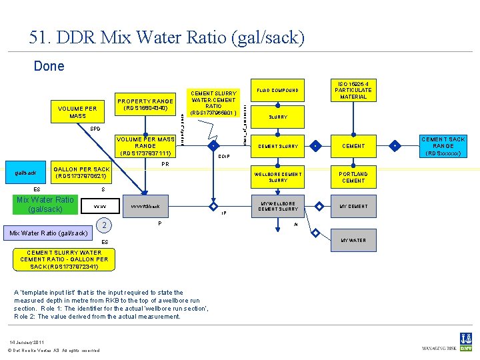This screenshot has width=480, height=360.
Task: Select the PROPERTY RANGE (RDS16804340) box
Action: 145,105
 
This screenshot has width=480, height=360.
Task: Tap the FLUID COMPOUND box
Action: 278,90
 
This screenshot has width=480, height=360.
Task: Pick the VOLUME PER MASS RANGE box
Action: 145,146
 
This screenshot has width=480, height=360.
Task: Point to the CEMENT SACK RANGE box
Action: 443,146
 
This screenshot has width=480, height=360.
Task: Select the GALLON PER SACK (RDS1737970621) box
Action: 81,173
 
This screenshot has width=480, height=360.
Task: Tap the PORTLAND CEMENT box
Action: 353,177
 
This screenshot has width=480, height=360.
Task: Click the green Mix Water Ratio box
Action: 46,204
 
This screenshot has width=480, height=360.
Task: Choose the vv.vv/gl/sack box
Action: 145,207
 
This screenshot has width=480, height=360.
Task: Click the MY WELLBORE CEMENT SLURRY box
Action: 278,206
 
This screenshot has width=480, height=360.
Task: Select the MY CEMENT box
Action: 353,206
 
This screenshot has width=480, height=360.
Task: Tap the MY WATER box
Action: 353,240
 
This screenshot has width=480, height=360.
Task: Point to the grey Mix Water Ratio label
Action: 46,233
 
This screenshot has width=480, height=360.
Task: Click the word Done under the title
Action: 49,66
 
